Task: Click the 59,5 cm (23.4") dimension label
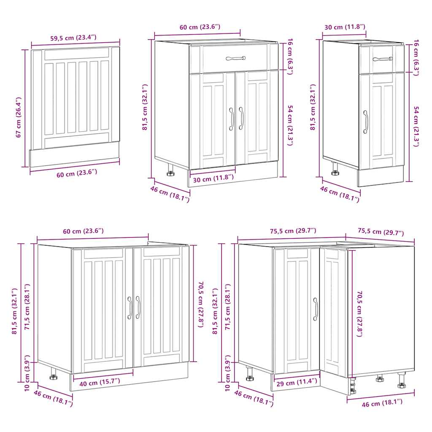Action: pyautogui.click(x=73, y=38)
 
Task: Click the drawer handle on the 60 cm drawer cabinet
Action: pyautogui.click(x=235, y=58)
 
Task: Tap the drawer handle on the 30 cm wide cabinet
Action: pyautogui.click(x=382, y=59)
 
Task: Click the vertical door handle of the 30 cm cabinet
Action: pyautogui.click(x=365, y=122)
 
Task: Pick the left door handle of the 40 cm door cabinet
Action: pyautogui.click(x=130, y=307)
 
